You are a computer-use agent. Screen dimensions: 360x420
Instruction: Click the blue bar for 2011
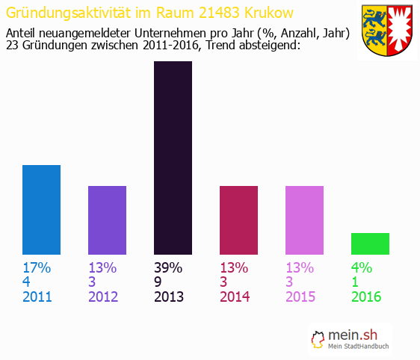tap(41, 210)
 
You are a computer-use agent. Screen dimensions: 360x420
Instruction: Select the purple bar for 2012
tap(107, 220)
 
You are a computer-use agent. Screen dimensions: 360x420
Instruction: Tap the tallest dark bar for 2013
tap(173, 158)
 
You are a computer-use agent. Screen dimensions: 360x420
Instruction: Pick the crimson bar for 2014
tap(238, 220)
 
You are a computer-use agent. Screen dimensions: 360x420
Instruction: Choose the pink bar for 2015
tap(304, 220)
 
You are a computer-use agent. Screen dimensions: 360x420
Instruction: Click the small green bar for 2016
tap(370, 243)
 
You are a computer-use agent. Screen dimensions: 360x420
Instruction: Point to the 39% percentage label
tap(167, 268)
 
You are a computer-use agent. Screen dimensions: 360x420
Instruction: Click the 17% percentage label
tap(36, 268)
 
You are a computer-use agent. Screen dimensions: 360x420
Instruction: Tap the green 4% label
tap(362, 268)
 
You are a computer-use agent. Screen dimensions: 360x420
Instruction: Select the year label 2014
tap(235, 297)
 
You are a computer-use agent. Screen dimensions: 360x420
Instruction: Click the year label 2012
tap(103, 297)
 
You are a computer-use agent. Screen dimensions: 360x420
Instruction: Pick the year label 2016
tap(366, 297)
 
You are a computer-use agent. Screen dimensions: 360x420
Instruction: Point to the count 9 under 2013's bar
tap(158, 282)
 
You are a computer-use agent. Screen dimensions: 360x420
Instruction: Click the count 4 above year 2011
tap(26, 282)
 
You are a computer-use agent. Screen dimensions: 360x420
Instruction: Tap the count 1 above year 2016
tap(355, 282)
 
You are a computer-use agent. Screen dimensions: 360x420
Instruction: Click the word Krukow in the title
tap(267, 13)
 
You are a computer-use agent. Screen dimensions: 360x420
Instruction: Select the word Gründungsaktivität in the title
tap(64, 13)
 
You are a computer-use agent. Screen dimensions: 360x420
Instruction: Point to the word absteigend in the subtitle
tap(266, 46)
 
